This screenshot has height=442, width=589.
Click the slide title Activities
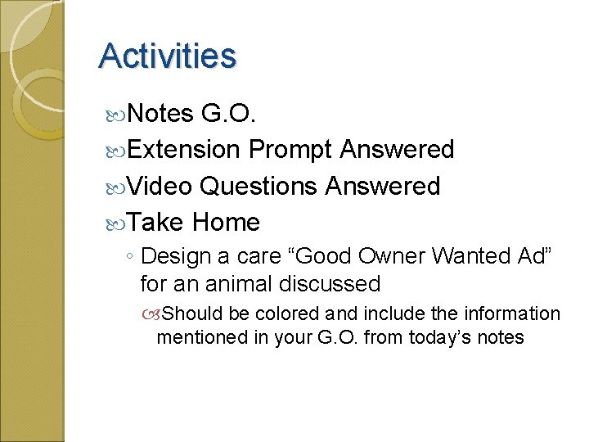tap(167, 56)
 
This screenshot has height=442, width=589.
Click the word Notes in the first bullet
tap(160, 114)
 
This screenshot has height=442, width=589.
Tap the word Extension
tap(184, 150)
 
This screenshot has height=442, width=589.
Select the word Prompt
tap(290, 150)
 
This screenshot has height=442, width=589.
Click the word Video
tap(160, 186)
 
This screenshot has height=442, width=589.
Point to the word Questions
tap(259, 186)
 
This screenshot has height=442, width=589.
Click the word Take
tap(156, 222)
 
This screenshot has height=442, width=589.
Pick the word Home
tap(227, 222)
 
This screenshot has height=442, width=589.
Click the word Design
tap(175, 257)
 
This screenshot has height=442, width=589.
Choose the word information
tap(513, 314)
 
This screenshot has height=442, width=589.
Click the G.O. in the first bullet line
tap(229, 114)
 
